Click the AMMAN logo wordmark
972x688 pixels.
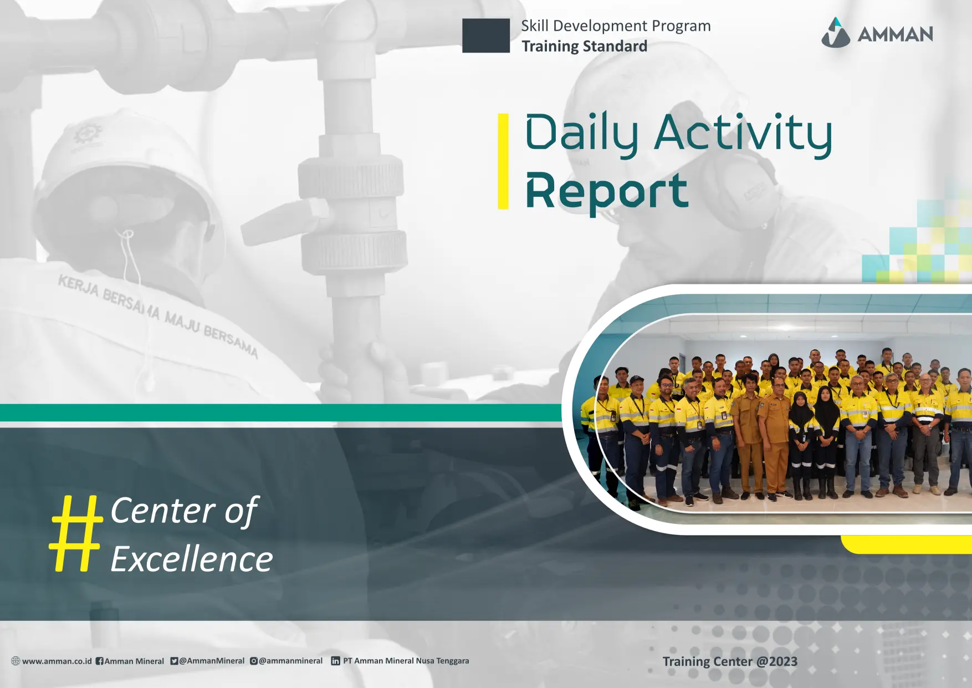coord(895,34)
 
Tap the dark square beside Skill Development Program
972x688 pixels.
coord(486,35)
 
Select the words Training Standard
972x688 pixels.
coord(584,46)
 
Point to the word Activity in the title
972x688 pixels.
coord(743,133)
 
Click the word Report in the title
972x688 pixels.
coord(607,192)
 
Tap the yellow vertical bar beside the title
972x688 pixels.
coord(503,161)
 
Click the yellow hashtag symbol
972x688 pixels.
coord(76,533)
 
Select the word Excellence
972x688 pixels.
coord(192,559)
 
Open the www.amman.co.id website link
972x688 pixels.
coord(57,661)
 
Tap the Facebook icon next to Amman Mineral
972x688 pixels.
coord(99,661)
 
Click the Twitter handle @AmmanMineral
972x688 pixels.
coord(211,661)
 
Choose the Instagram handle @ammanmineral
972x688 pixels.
coord(290,661)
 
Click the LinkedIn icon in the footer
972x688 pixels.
coord(335,661)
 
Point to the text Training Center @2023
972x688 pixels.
coord(730,661)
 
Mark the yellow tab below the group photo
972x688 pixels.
coord(907,544)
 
